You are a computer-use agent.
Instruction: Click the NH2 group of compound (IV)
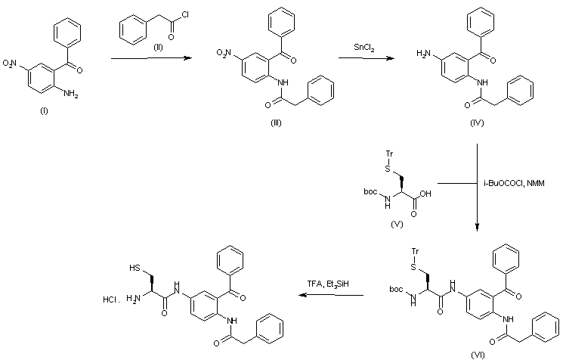click(425, 55)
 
